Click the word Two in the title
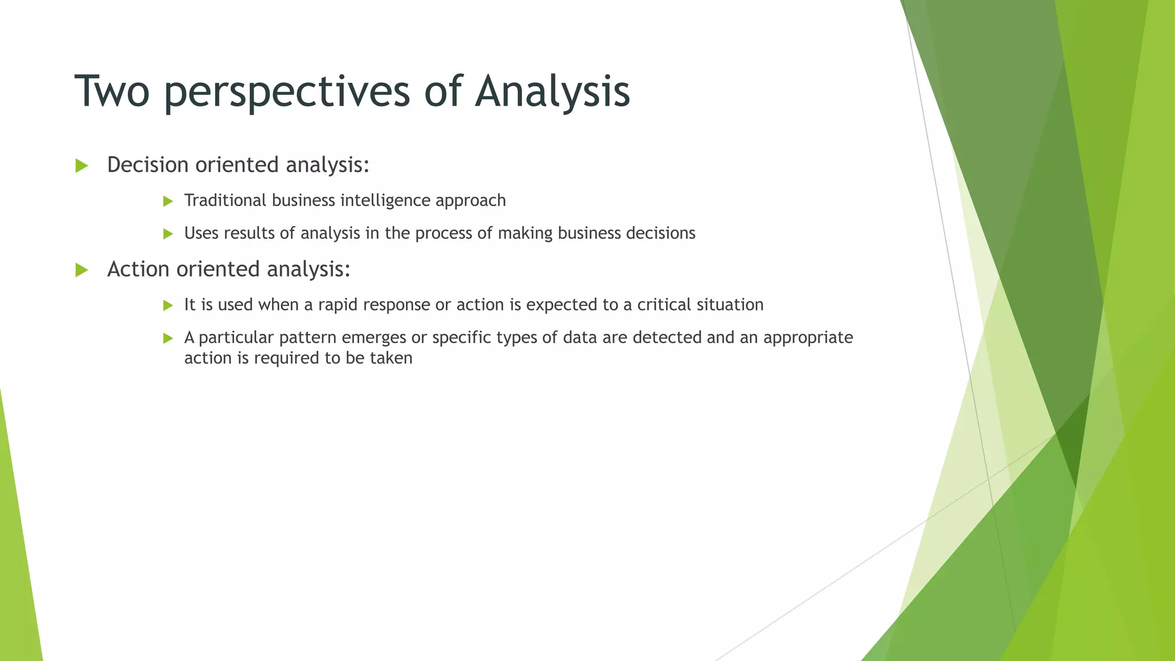(x=112, y=91)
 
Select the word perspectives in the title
(x=286, y=92)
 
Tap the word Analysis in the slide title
(x=552, y=92)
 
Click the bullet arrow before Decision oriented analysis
(x=81, y=166)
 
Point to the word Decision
(x=147, y=165)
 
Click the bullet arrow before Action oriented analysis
(x=81, y=270)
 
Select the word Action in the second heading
(x=138, y=269)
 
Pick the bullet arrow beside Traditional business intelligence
(x=168, y=201)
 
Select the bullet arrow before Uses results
(x=168, y=234)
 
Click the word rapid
(x=338, y=305)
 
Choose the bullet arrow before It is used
(x=168, y=305)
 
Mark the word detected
(x=667, y=337)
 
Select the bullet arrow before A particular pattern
(x=168, y=339)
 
